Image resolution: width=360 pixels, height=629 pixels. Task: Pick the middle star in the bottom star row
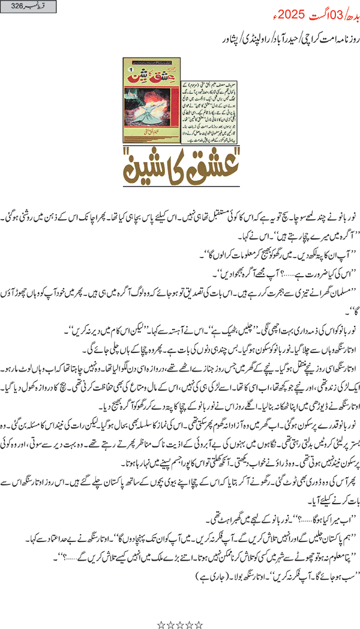180,609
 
